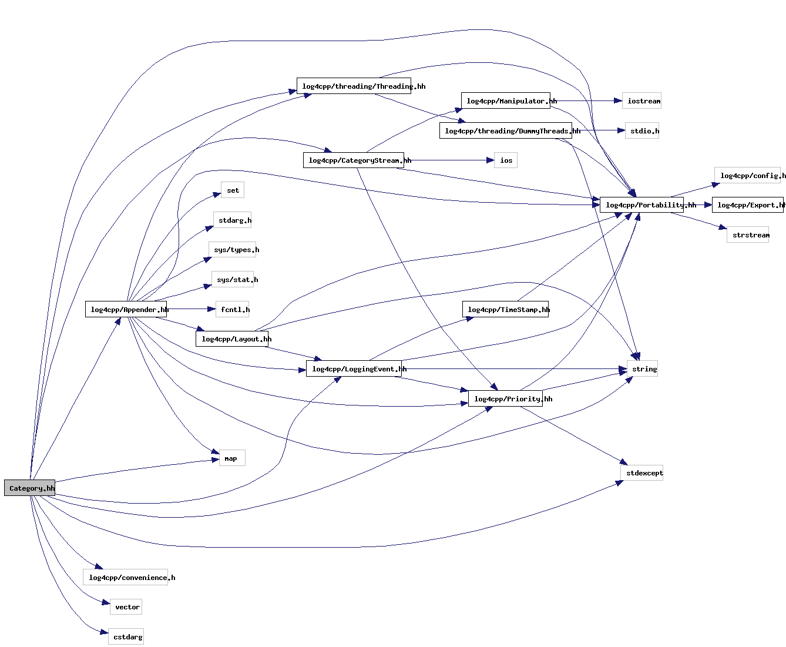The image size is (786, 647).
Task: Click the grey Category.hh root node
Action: [30, 488]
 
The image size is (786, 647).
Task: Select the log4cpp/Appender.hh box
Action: [126, 309]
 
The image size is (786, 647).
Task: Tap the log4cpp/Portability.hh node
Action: [641, 205]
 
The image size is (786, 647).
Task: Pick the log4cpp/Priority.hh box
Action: [505, 398]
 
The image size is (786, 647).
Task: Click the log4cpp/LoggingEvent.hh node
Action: [354, 368]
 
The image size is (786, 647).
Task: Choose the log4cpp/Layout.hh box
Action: [232, 338]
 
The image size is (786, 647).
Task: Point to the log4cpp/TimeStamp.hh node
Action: [505, 309]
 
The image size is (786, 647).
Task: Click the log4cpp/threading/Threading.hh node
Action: [361, 86]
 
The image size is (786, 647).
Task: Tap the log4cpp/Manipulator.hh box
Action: [505, 100]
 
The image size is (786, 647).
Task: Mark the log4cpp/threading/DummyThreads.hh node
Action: [505, 130]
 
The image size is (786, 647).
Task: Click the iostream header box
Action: [641, 100]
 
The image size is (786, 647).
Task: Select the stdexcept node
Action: [641, 472]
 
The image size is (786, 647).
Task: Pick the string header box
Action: [642, 368]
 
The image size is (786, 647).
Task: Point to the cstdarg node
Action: [126, 636]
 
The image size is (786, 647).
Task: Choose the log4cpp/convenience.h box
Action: [126, 577]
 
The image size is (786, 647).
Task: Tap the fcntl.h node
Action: [234, 309]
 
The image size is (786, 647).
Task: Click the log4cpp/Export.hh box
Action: [747, 205]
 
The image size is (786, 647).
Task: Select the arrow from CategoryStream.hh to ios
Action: [449, 160]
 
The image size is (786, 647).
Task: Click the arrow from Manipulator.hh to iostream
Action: [587, 100]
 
